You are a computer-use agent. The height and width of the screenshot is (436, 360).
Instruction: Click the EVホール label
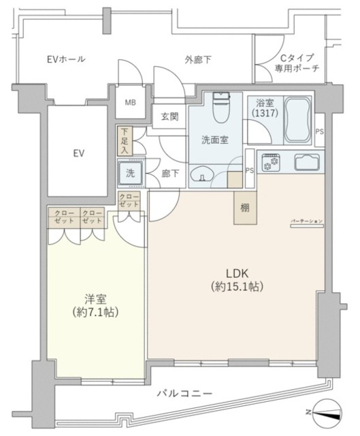point(66,59)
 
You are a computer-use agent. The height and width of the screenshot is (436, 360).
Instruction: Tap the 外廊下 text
point(197,60)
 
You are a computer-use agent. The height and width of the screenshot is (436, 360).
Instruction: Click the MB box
point(129,104)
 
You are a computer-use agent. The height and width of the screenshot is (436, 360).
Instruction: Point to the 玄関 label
point(169,116)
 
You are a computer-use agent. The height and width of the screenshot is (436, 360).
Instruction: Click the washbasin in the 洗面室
point(203,176)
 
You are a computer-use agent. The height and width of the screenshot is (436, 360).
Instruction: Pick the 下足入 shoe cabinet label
point(124,140)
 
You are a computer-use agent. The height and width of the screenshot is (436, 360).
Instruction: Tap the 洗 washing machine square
point(130,173)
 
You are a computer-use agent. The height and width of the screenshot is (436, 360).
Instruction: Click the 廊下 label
point(170,174)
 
